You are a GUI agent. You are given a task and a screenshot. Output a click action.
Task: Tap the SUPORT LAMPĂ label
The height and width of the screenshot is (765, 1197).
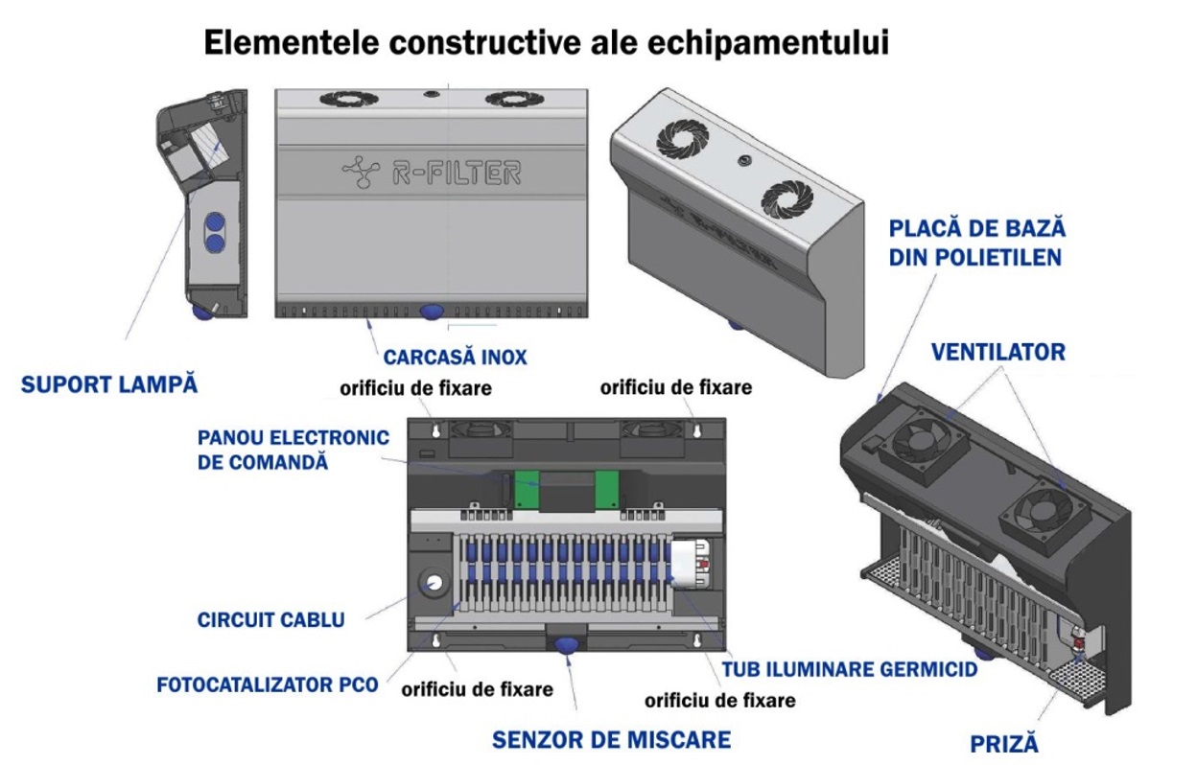(109, 384)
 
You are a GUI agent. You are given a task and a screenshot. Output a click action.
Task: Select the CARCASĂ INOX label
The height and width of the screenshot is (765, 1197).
(456, 358)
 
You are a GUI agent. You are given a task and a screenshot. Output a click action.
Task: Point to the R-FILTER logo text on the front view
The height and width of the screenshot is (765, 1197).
(457, 173)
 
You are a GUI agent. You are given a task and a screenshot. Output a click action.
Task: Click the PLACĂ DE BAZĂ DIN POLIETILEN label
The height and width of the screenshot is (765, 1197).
(977, 243)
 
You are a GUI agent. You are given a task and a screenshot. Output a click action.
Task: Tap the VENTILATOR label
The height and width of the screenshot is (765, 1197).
(998, 352)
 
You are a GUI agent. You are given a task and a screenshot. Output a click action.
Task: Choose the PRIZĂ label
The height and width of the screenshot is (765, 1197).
(1004, 744)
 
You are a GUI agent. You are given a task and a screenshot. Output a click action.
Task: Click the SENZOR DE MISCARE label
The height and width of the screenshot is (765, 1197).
(611, 740)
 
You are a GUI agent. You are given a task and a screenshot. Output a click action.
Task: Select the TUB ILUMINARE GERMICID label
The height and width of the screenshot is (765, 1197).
(850, 669)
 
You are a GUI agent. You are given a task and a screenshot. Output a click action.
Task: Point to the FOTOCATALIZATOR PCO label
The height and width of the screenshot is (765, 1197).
(268, 684)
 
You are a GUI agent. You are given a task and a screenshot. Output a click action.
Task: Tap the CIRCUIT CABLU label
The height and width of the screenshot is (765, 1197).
(270, 620)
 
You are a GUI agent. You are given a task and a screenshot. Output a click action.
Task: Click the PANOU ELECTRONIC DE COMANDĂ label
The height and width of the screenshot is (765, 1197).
(293, 450)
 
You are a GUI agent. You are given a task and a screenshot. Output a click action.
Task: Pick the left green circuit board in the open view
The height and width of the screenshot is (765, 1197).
(526, 489)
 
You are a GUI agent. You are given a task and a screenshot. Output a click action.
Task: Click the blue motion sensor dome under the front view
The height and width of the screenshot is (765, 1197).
(432, 312)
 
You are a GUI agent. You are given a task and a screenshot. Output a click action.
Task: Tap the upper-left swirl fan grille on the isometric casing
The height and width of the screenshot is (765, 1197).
(682, 139)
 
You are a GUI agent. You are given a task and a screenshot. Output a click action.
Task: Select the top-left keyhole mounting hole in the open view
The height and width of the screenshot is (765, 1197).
(436, 430)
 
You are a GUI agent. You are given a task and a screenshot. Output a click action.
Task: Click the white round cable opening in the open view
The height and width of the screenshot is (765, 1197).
(434, 582)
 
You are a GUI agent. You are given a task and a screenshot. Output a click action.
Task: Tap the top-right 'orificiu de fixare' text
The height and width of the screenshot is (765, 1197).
(676, 388)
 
